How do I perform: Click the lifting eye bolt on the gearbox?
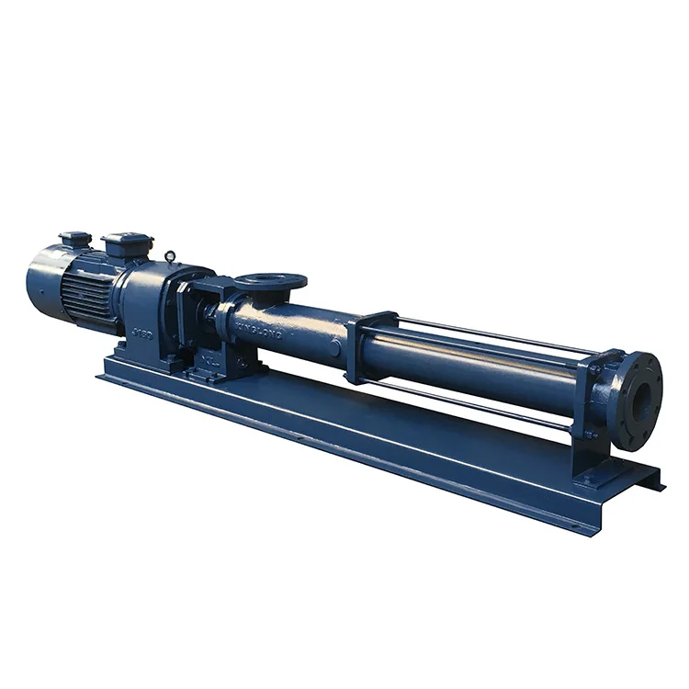click(171, 256)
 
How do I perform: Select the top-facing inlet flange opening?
click(270, 280)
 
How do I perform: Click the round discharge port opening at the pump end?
click(642, 401)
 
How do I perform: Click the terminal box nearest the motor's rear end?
click(75, 240)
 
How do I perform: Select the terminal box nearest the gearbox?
click(127, 244)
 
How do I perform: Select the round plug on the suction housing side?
click(335, 346)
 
